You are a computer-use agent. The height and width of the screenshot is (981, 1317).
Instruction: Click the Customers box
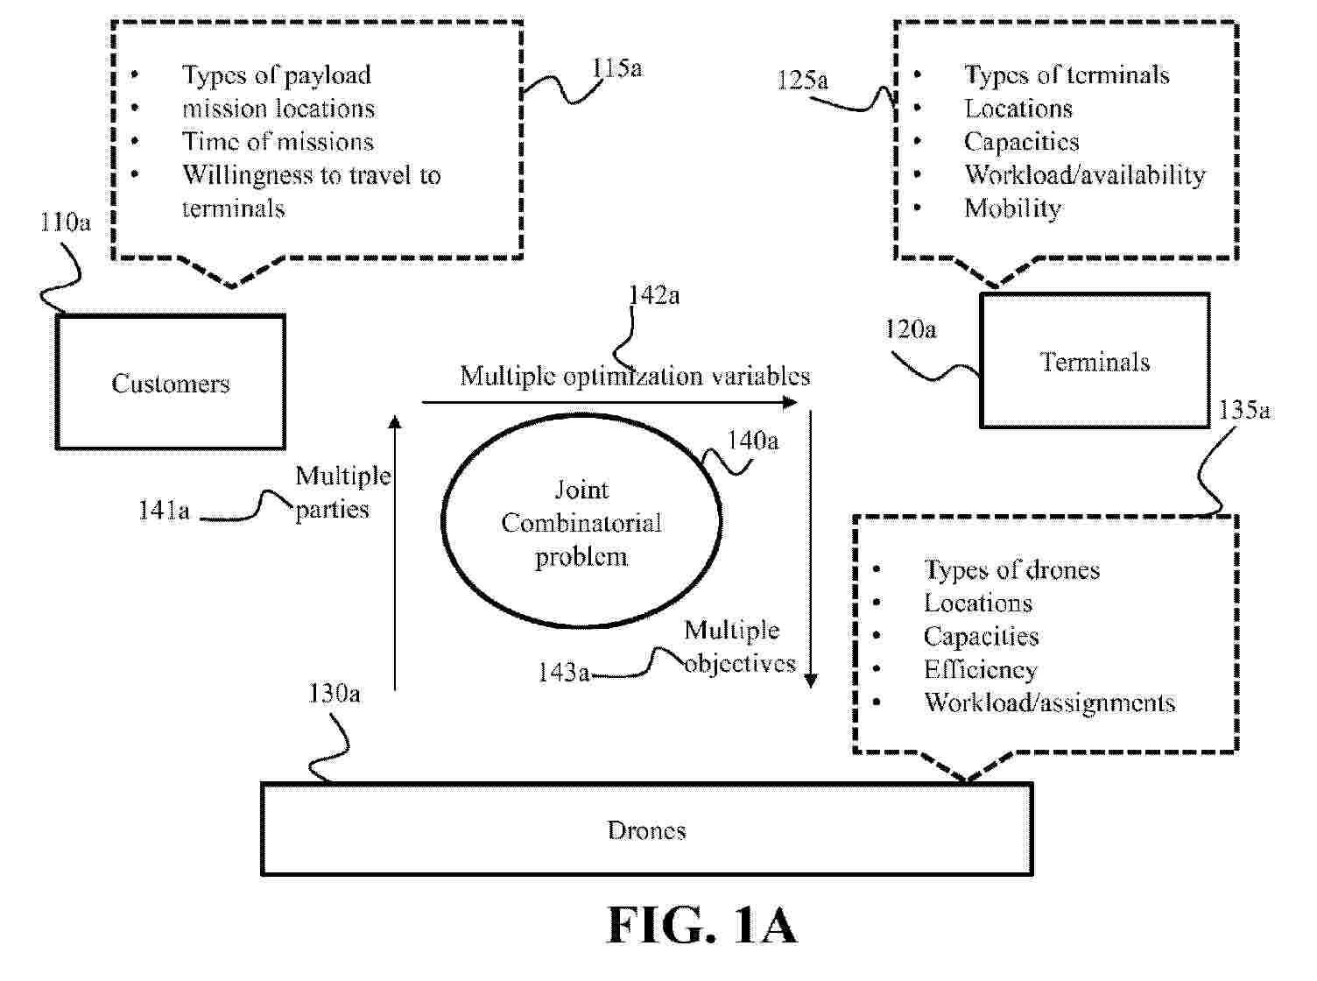tap(171, 383)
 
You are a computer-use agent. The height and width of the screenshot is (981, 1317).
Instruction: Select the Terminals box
tap(1095, 362)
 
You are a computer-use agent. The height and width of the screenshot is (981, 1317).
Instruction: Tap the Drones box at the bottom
tap(646, 829)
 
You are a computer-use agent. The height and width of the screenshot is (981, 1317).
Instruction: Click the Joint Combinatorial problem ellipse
tap(581, 522)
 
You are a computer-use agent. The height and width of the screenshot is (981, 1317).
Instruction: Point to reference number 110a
tap(65, 222)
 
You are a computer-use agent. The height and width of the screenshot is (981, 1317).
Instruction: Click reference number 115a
tap(616, 68)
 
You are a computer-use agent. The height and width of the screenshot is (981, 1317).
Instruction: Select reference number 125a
tap(802, 81)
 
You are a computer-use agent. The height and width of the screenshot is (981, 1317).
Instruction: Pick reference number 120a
tap(911, 329)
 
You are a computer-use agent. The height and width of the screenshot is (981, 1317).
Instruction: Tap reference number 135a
tap(1244, 410)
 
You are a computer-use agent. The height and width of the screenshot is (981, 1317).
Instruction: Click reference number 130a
tap(334, 694)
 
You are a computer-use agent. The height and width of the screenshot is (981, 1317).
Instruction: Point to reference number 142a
tap(654, 295)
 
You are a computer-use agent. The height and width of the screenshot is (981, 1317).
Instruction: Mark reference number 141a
tap(164, 511)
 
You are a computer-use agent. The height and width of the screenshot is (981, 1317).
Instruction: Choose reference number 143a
tap(563, 672)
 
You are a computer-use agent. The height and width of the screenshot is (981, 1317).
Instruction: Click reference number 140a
tap(753, 440)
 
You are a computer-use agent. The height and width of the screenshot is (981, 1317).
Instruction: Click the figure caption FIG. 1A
tap(701, 925)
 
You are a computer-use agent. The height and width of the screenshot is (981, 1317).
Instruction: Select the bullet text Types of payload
tap(276, 75)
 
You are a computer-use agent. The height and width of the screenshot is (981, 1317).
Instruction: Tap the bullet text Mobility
tap(1012, 208)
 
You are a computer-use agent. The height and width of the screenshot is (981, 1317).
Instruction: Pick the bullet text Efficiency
tap(980, 670)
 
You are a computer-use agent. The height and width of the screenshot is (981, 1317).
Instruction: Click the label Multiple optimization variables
tap(635, 376)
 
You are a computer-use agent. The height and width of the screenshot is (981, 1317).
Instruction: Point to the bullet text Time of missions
tap(278, 142)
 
